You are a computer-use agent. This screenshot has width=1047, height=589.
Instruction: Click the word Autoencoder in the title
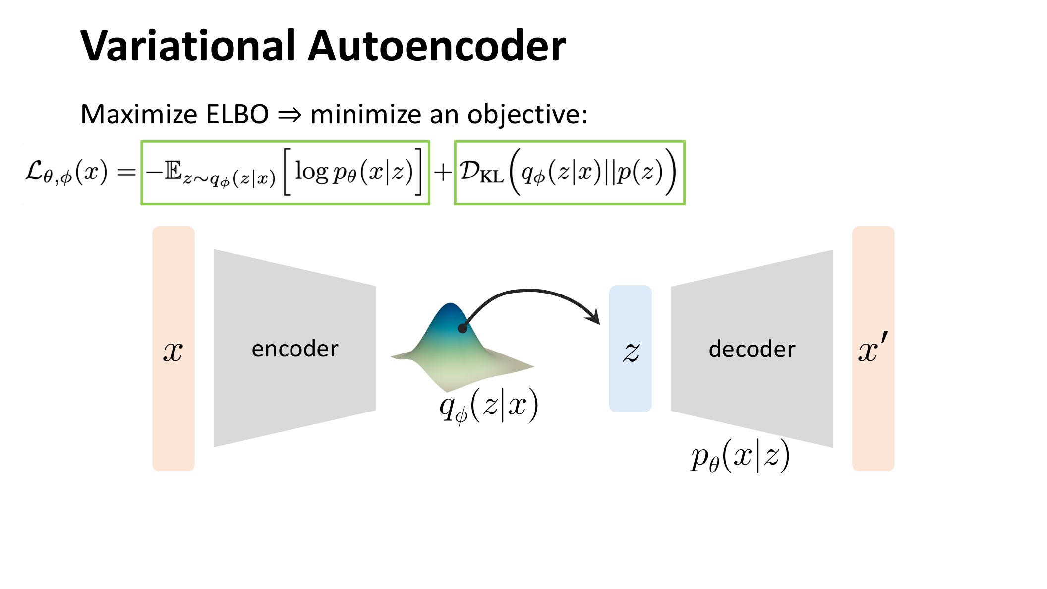tap(437, 46)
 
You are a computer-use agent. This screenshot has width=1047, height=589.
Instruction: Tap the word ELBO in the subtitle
tap(237, 115)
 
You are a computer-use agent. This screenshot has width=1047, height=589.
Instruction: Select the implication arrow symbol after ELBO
tap(290, 115)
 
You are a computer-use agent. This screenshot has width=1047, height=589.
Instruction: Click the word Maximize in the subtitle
tap(139, 115)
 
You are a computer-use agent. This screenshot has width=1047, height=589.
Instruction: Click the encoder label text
tap(295, 349)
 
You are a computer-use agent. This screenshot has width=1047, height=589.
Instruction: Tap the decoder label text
tap(752, 349)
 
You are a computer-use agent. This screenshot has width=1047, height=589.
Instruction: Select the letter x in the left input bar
tap(173, 352)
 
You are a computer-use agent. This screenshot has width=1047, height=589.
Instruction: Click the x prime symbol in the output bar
tap(872, 349)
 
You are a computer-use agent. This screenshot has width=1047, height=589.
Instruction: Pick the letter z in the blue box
tap(631, 352)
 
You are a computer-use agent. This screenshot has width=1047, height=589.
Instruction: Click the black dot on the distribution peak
tap(463, 328)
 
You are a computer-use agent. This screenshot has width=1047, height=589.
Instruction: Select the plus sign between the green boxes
tap(442, 173)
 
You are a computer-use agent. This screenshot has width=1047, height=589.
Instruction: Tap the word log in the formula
tap(311, 172)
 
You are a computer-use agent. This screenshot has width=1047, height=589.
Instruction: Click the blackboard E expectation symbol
tap(173, 171)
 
